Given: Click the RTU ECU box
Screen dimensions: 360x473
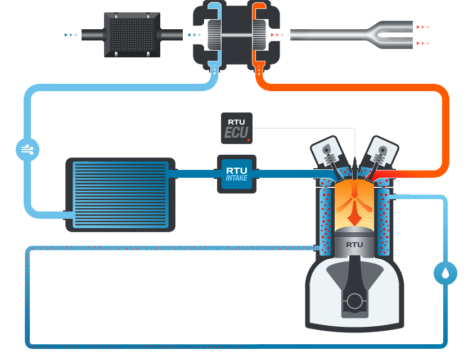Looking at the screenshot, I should (236, 128).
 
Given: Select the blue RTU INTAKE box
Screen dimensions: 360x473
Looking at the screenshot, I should (236, 174).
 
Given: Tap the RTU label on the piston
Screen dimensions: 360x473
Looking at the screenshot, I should (354, 244).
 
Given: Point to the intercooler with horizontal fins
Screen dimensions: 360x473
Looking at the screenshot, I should (120, 195).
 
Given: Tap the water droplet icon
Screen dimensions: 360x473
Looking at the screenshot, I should (445, 273).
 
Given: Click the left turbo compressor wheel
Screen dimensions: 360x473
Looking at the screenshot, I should (216, 35).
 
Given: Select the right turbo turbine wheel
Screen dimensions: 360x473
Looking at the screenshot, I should (259, 35).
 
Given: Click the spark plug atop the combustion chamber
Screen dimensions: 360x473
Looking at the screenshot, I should (355, 166).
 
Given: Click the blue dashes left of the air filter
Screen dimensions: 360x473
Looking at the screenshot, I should (71, 35).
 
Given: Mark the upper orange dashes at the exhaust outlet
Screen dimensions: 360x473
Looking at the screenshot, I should (424, 26).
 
